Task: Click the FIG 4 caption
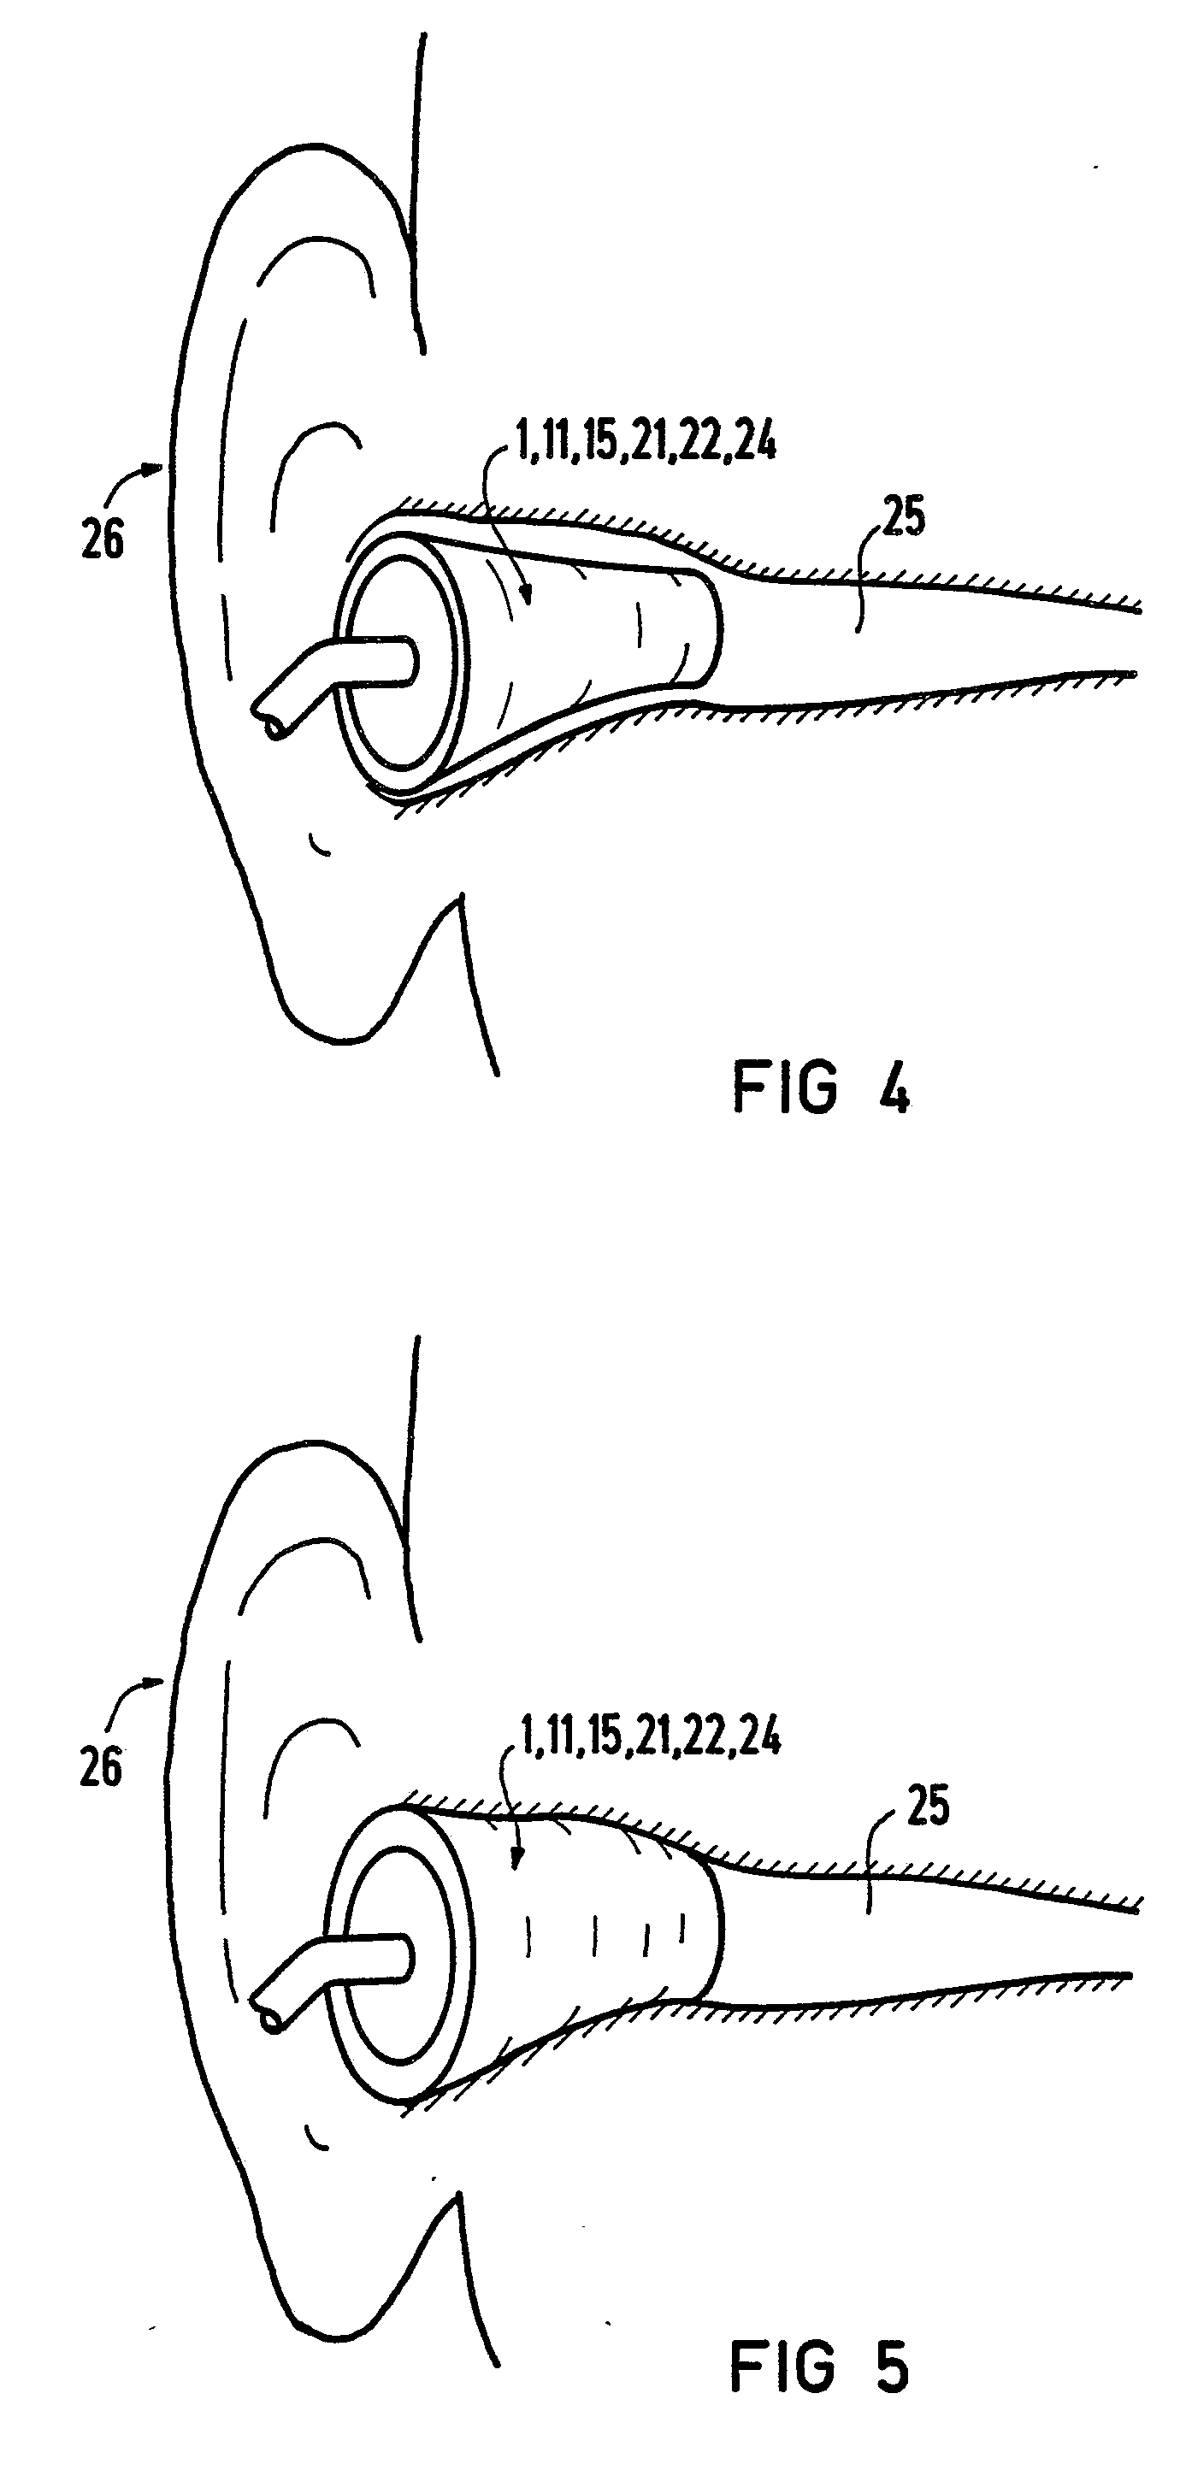[820, 1088]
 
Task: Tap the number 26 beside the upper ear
[103, 539]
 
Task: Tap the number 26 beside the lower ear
[101, 1766]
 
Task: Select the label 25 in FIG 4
[902, 518]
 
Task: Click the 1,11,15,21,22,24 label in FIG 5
[650, 1737]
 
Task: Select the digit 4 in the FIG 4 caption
[894, 1088]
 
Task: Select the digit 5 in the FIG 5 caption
[892, 2367]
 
